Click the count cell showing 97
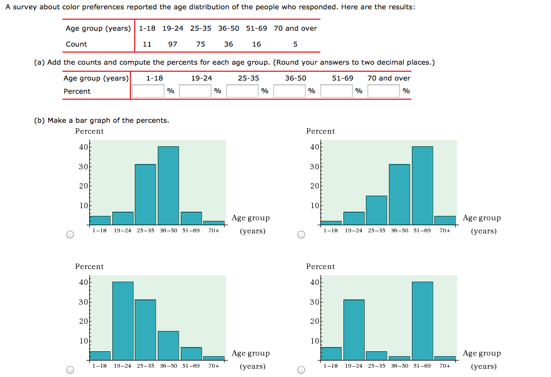tap(173, 44)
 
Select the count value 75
tap(200, 44)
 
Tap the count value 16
tap(256, 44)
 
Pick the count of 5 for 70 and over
tap(295, 44)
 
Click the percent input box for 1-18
tap(148, 91)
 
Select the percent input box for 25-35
tap(242, 91)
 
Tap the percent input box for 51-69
tap(336, 91)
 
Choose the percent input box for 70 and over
tap(383, 91)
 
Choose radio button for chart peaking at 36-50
tap(70, 235)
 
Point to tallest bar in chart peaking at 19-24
tap(123, 321)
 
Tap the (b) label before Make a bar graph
tap(39, 121)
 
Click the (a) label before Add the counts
tap(39, 62)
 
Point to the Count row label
tap(76, 44)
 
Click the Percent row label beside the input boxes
tap(77, 92)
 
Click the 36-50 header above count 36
tap(228, 28)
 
